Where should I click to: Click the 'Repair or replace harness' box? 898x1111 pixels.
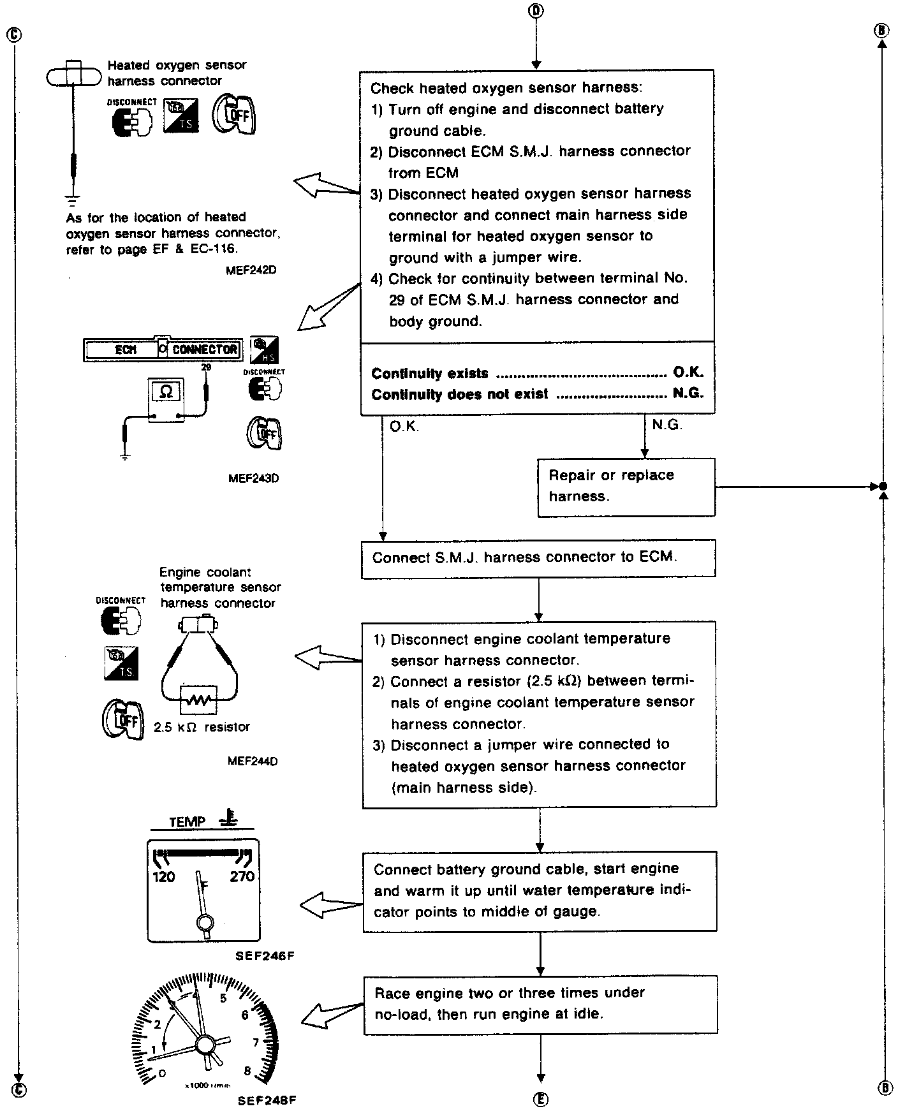pyautogui.click(x=626, y=487)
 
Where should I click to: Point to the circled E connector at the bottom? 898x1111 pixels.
pyautogui.click(x=540, y=1098)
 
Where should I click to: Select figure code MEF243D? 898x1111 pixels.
pyautogui.click(x=253, y=478)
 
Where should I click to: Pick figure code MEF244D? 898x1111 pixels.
pyautogui.click(x=253, y=761)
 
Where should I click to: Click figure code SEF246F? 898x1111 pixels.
pyautogui.click(x=264, y=955)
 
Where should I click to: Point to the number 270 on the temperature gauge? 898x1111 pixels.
pyautogui.click(x=242, y=876)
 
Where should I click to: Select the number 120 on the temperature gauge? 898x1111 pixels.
pyautogui.click(x=164, y=876)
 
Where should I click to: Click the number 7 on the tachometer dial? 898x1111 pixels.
pyautogui.click(x=256, y=1043)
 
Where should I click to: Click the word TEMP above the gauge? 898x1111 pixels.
pyautogui.click(x=188, y=822)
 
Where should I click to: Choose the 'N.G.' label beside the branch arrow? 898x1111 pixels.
pyautogui.click(x=667, y=425)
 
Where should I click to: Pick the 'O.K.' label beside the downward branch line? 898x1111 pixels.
pyautogui.click(x=404, y=427)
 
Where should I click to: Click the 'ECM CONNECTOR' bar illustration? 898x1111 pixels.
pyautogui.click(x=163, y=349)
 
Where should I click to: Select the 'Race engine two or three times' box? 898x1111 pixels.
pyautogui.click(x=540, y=1004)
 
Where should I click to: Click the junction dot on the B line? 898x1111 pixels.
pyautogui.click(x=883, y=487)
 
